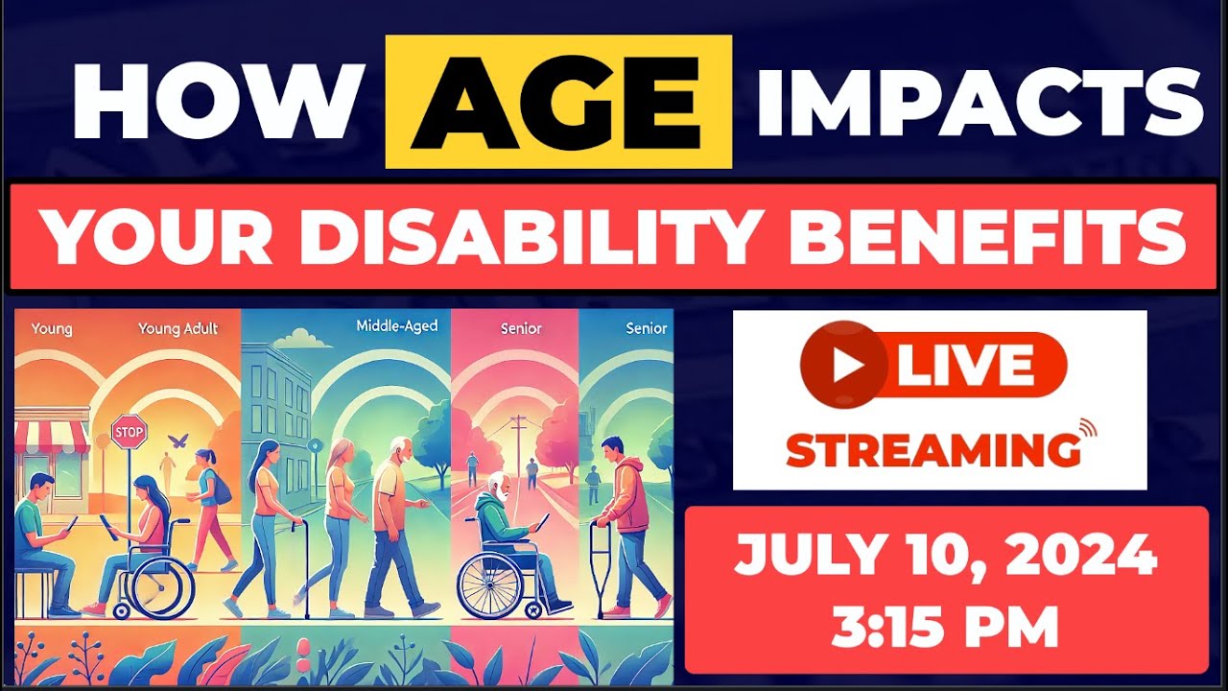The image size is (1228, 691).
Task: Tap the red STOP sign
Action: (x=129, y=431)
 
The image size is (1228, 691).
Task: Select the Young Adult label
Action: (x=177, y=328)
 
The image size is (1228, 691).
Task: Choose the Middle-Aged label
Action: (x=396, y=326)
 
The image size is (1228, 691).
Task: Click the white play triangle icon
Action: (x=843, y=365)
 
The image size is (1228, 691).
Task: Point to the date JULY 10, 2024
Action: (x=945, y=558)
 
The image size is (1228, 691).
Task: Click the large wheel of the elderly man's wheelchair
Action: (x=490, y=585)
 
